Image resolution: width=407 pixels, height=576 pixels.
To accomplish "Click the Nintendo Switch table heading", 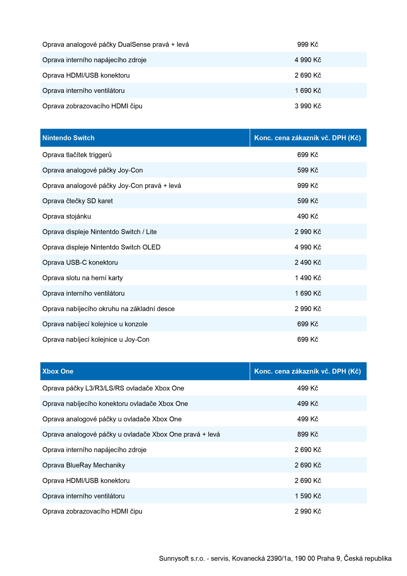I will (x=68, y=138).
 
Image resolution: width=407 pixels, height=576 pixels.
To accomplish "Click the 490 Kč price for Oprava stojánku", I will (x=308, y=216).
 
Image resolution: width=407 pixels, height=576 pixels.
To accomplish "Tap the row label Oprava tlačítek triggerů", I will (x=77, y=155).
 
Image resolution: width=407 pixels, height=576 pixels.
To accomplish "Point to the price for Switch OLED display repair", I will (x=308, y=247).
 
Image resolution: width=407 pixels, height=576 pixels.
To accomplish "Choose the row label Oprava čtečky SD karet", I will (x=78, y=201).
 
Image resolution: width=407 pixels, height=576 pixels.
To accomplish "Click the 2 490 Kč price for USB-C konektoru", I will (x=308, y=262).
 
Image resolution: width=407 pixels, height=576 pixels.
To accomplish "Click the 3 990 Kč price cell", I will (x=308, y=106).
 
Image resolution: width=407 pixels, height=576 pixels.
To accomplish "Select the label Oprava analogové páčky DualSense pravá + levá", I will (x=115, y=45).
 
